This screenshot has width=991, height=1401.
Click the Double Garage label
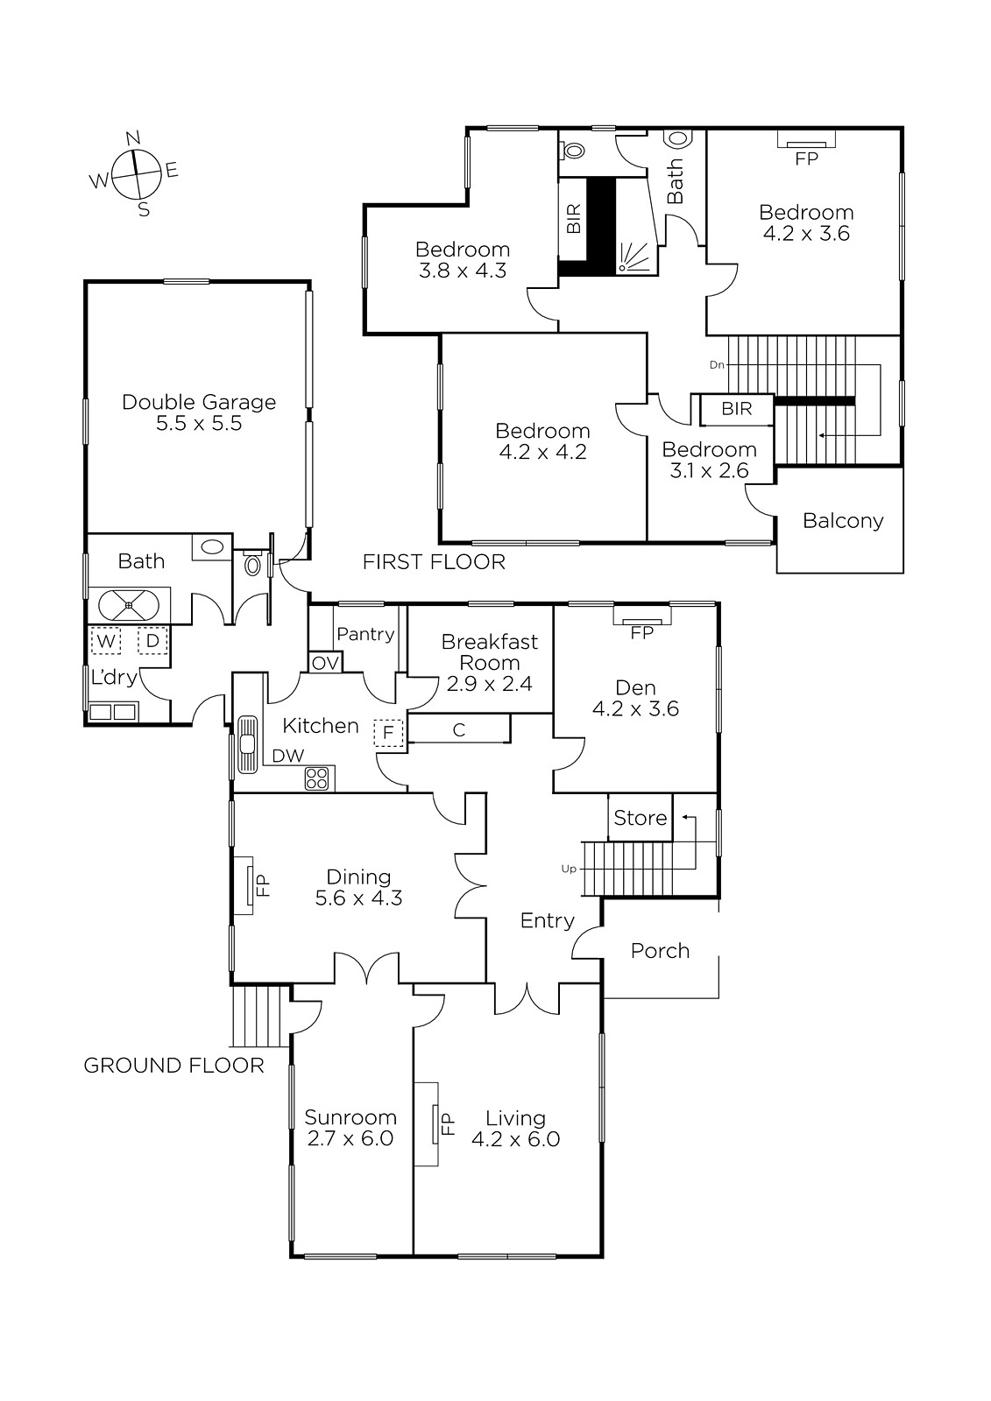[199, 402]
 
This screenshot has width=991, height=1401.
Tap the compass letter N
[133, 138]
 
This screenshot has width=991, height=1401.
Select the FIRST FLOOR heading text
[434, 562]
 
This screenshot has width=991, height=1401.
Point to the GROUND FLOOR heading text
[173, 1065]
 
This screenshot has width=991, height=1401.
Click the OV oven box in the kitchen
[325, 663]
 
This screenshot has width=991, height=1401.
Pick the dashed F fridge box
[388, 733]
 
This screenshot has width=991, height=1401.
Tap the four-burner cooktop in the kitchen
[317, 778]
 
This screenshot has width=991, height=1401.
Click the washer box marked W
[106, 640]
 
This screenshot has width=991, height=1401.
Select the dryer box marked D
[152, 640]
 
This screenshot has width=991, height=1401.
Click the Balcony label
[843, 521]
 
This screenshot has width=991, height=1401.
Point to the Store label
[640, 818]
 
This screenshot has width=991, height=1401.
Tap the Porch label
[660, 951]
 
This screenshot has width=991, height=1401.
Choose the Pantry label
[365, 634]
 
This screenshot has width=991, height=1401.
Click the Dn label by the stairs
[717, 364]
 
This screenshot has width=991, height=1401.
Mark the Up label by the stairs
[569, 869]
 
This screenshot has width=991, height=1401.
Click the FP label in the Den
[641, 633]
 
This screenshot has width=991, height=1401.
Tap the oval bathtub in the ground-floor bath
[128, 605]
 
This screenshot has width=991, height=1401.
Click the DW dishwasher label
[288, 756]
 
